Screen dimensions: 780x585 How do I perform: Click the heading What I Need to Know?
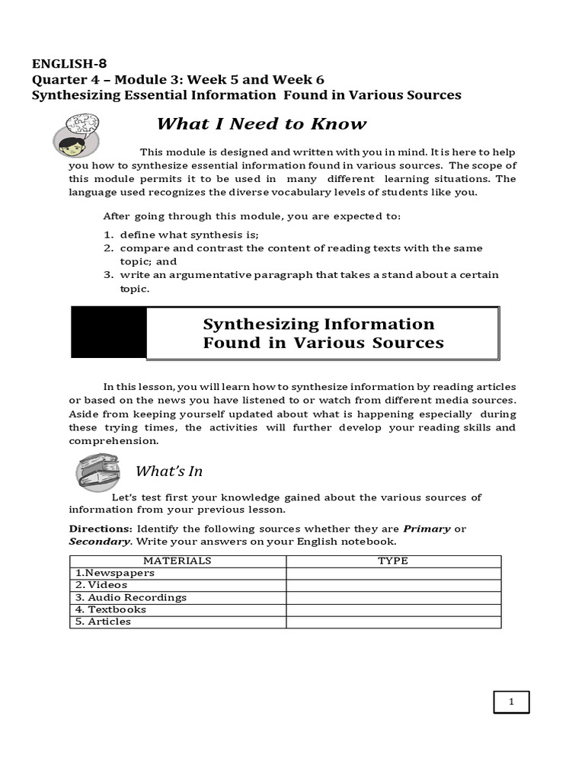(x=261, y=124)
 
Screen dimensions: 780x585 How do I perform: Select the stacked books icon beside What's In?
(x=97, y=472)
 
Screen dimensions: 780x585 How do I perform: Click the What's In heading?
(x=168, y=472)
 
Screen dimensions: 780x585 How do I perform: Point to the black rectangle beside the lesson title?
(x=108, y=333)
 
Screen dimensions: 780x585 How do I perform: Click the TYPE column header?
(x=393, y=561)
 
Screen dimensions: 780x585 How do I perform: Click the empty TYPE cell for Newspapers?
(x=393, y=573)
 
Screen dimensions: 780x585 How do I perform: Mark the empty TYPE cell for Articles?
(x=393, y=622)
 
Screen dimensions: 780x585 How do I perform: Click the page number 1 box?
(x=511, y=702)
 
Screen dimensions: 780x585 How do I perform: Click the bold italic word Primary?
(x=427, y=529)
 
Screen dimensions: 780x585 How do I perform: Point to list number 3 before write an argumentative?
(x=108, y=275)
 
